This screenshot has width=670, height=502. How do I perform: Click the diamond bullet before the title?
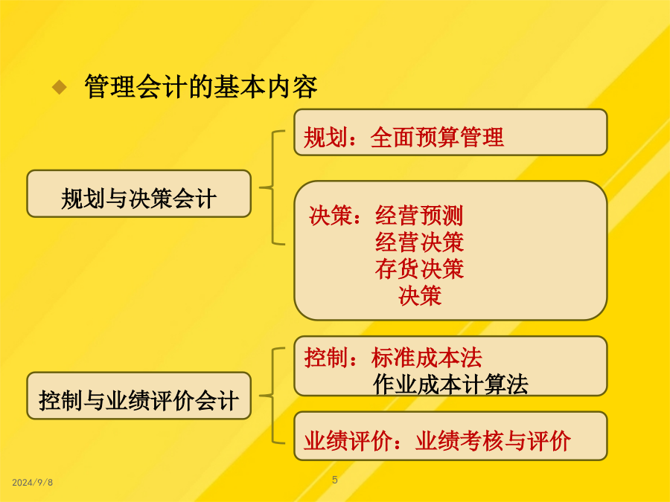(60, 87)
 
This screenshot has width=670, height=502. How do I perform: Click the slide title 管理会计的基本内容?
(201, 87)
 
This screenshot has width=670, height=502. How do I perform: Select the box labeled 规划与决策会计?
(139, 194)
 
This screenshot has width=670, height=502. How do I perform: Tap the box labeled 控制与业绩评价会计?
(139, 396)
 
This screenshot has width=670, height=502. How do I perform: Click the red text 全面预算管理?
(437, 138)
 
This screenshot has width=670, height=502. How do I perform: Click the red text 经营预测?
(419, 215)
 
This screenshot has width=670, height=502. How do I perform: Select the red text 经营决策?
(419, 242)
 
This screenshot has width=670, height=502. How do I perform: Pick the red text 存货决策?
(419, 269)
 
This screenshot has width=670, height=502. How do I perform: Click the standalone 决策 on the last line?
(420, 296)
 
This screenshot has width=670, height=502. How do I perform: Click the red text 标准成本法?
(427, 357)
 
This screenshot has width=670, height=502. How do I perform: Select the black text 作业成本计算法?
(451, 384)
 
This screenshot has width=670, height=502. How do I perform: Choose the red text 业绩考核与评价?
(493, 440)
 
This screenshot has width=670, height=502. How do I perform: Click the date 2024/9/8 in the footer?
(33, 483)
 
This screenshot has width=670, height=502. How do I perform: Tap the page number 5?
(335, 480)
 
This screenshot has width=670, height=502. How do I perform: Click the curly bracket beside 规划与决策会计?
(272, 187)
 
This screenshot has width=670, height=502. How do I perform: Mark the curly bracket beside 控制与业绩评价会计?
(272, 396)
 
